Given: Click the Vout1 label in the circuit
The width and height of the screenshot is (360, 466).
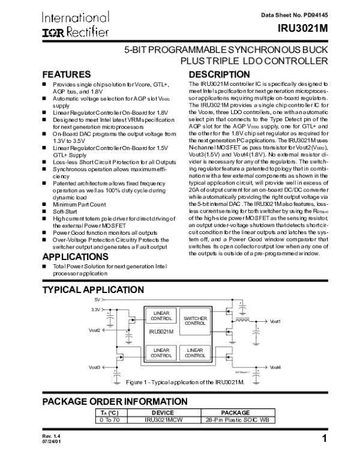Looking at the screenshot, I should point(275,322).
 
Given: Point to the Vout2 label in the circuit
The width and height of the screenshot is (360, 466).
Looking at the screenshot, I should point(94,330).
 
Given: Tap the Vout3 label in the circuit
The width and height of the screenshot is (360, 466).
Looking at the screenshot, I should point(94,367).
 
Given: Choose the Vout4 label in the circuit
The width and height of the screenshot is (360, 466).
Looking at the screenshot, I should point(275,367).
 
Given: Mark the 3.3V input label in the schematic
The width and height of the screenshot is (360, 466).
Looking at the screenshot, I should point(95,309).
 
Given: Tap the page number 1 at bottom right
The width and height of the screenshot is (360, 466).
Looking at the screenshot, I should point(323,438).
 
